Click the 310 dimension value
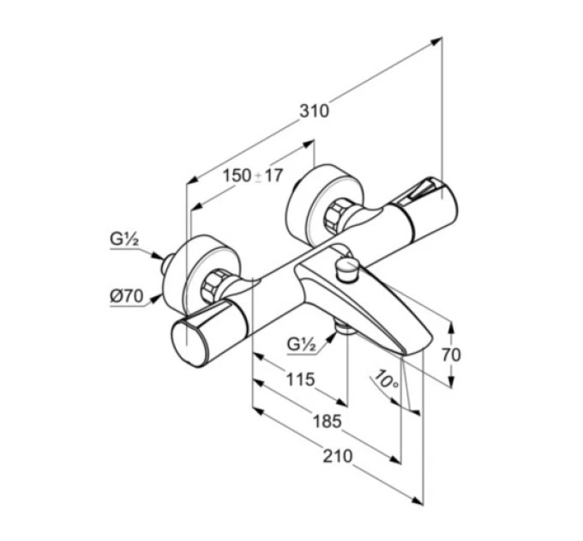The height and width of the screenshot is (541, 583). point(314,111)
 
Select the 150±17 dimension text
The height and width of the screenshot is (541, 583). point(253,176)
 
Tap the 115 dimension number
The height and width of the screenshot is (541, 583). point(300,380)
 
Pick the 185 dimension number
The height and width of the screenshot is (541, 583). point(328,422)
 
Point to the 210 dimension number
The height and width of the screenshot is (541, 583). point(337,456)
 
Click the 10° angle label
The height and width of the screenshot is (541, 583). point(387,380)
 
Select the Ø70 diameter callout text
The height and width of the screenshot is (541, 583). point(126,296)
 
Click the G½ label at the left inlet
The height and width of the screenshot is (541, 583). point(124,239)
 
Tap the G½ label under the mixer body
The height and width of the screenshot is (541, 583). point(302,345)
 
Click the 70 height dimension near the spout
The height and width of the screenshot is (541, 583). point(451,355)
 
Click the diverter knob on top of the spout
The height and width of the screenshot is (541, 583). point(346,269)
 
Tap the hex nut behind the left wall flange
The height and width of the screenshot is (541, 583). point(213,286)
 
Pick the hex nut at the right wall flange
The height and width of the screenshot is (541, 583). point(336,216)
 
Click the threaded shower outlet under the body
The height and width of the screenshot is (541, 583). point(343,328)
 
